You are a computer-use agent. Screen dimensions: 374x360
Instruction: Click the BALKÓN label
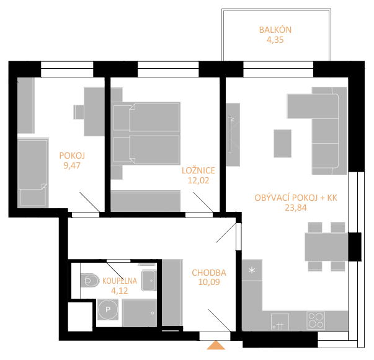coord(275,30)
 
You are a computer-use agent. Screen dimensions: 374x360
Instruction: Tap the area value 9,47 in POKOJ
coord(72,165)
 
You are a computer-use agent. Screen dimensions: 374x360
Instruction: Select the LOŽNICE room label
coord(198,170)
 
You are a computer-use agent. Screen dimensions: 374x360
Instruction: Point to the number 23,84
coord(296,208)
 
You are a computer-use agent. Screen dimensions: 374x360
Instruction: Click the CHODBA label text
coord(209,273)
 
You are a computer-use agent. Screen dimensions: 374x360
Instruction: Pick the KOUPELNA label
coord(120,281)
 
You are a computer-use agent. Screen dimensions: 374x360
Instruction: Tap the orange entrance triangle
coord(216,345)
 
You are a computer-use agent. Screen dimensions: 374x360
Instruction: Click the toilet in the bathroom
coord(90,280)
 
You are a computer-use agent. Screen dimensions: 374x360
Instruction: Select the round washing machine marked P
coord(108,309)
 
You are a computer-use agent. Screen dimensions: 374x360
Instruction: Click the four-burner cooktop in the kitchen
coord(316,320)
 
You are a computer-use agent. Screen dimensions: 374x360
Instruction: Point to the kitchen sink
coord(280,322)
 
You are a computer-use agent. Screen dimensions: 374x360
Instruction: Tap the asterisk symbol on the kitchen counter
coord(252,270)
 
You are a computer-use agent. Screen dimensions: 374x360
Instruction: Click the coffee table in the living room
coord(282,143)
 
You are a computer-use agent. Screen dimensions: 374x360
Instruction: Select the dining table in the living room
coord(326,247)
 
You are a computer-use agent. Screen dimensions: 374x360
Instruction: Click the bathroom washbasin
coord(148,281)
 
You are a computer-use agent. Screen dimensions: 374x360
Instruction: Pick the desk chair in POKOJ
coord(79,112)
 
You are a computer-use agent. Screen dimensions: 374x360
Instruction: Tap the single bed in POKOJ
coord(33,172)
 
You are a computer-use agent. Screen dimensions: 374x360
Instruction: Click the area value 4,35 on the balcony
coord(275,40)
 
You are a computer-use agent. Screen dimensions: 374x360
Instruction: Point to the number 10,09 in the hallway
coord(209,282)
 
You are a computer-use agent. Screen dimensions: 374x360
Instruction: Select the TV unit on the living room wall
coord(233,134)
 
